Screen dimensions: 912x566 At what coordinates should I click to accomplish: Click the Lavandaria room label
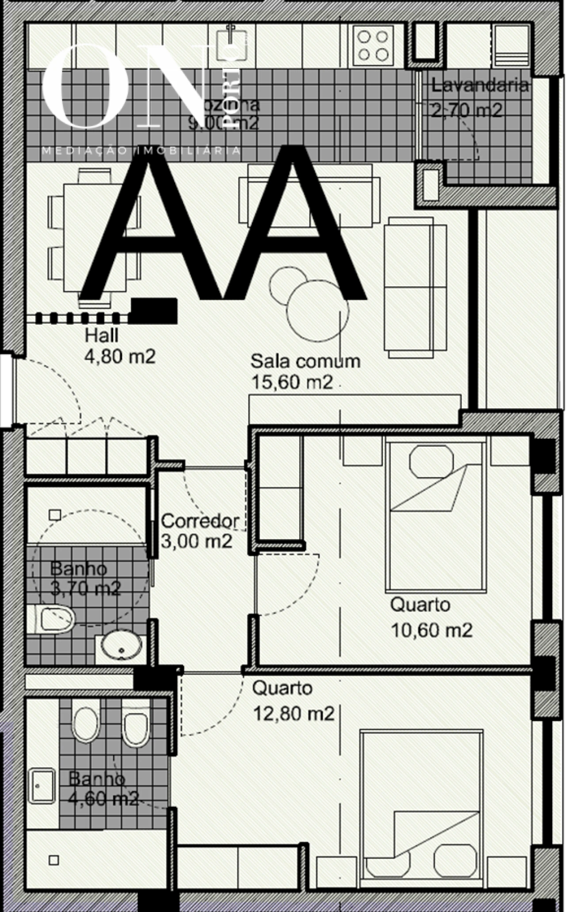tap(480, 85)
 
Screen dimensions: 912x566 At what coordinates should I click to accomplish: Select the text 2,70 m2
tap(467, 110)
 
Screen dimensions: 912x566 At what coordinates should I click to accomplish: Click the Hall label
tap(102, 336)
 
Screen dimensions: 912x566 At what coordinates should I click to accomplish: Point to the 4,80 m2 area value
tap(120, 357)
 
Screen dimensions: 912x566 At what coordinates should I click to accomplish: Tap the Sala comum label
tap(306, 361)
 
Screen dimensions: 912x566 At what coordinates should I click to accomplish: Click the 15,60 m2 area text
tap(292, 382)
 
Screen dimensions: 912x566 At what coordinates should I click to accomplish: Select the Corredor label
tap(200, 521)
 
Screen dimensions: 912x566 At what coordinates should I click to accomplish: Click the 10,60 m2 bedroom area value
tap(432, 630)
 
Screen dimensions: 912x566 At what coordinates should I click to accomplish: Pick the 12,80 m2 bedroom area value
tap(293, 713)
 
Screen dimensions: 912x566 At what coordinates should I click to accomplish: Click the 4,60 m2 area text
tap(104, 799)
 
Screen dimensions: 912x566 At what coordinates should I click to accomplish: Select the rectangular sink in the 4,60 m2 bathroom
tap(42, 786)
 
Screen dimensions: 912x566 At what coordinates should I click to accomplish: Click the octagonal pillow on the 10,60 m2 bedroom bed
tap(432, 464)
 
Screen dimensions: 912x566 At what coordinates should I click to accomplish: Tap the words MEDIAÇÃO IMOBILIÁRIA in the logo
tap(141, 151)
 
